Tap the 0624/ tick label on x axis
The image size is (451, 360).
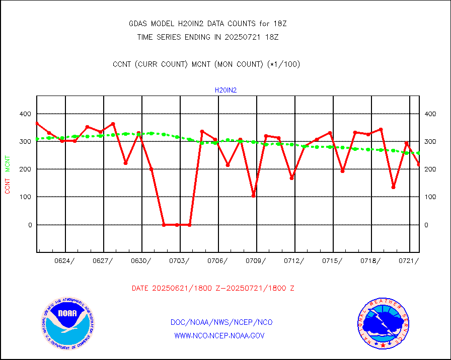coord(65,260)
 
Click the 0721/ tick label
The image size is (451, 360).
coord(409,260)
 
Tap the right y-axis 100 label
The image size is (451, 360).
coord(430,197)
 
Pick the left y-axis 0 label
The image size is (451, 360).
coord(30,225)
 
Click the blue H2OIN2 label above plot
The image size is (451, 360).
coord(225,91)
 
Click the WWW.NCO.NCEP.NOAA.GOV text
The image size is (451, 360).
coord(219,335)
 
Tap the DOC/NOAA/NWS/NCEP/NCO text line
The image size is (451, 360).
coord(221,322)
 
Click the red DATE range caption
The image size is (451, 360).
coord(213,289)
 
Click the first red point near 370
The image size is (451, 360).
coord(37,123)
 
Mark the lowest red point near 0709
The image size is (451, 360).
coord(253,196)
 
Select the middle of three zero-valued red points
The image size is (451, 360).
coord(177,225)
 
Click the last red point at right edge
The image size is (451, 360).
coord(419,164)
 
